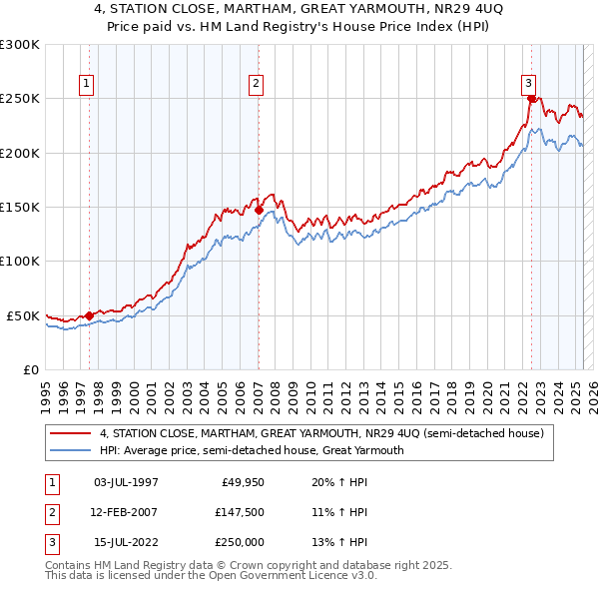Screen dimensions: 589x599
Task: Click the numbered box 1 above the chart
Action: pyautogui.click(x=89, y=84)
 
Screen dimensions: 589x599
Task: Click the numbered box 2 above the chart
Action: pyautogui.click(x=257, y=84)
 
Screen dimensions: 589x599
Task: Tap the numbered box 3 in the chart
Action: pyautogui.click(x=528, y=84)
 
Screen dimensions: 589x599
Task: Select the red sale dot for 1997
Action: pyautogui.click(x=90, y=315)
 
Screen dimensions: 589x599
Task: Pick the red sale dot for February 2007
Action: pyautogui.click(x=259, y=211)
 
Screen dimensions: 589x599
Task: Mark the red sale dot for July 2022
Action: pyautogui.click(x=531, y=99)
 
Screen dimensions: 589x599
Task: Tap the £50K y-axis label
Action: pyautogui.click(x=23, y=315)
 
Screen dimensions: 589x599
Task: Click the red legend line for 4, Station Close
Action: pyautogui.click(x=70, y=434)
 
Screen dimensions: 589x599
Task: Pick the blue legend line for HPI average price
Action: pyautogui.click(x=70, y=450)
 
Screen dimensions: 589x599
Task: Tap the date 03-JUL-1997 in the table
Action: pyautogui.click(x=126, y=482)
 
